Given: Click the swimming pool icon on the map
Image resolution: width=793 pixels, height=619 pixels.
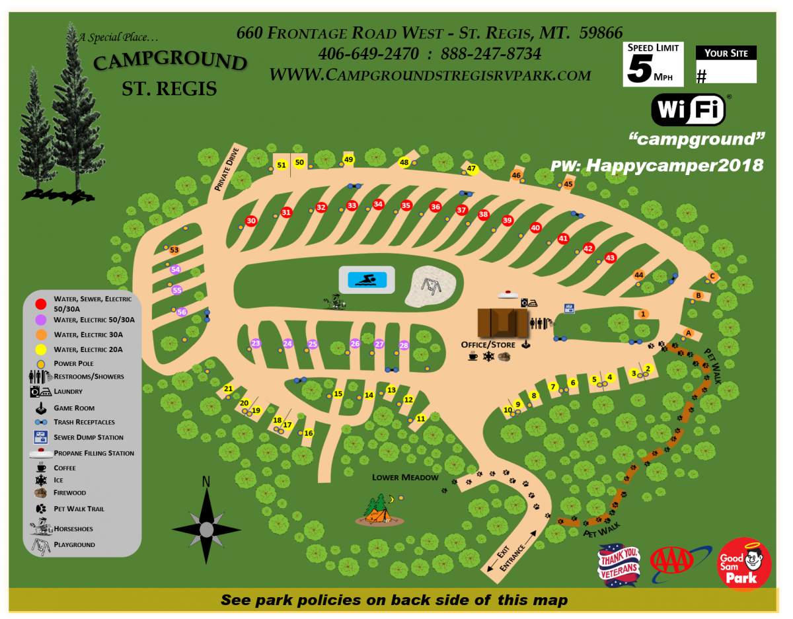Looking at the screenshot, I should (367, 279).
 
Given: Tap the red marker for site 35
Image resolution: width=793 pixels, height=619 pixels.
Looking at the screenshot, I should (406, 205).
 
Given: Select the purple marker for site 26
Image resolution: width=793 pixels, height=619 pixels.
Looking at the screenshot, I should (355, 344).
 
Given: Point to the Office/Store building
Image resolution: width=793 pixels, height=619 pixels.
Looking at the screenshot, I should (502, 322).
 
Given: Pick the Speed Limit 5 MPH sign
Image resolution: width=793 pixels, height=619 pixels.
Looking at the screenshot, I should (653, 64).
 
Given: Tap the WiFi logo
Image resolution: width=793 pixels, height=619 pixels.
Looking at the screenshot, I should (689, 109).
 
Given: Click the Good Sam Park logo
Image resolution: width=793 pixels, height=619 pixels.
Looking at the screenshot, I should (745, 564).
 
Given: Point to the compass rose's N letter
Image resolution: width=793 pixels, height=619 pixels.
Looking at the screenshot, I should (206, 482).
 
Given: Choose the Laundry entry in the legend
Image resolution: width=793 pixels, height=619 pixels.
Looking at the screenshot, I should (69, 392).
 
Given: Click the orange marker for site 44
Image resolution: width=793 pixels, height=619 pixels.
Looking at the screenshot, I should (638, 275).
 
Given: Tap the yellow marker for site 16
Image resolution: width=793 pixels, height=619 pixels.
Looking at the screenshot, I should (308, 433).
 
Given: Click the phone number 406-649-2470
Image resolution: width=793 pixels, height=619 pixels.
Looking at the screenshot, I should (369, 54).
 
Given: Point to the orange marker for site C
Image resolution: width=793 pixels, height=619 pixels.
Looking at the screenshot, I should (712, 277).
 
